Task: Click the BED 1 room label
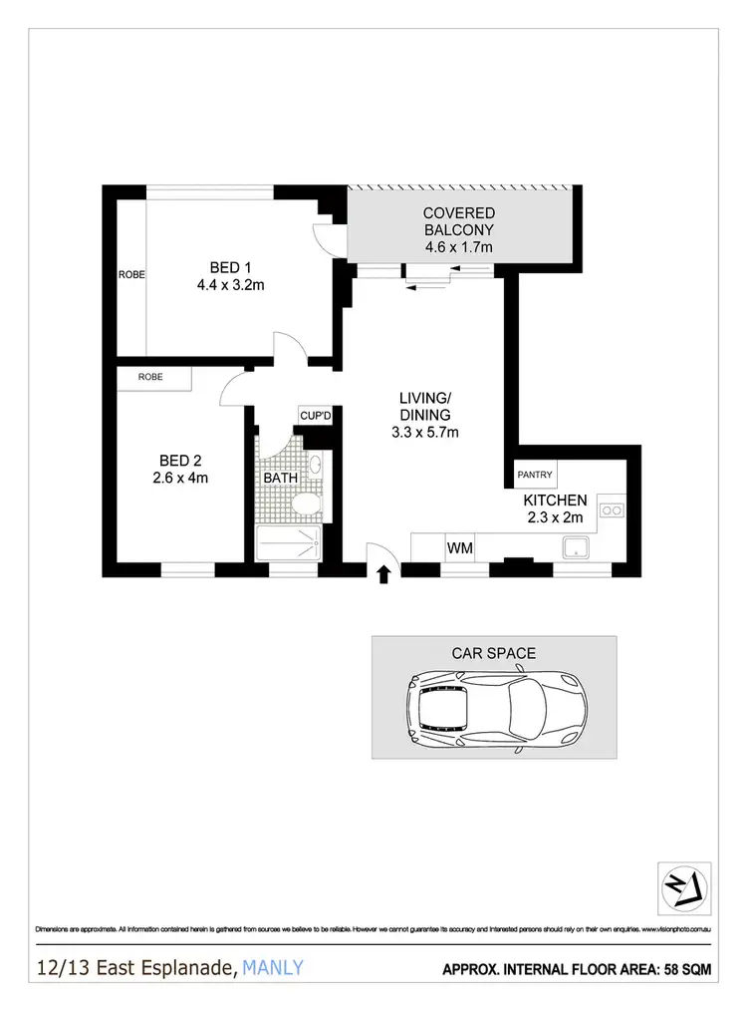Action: [x=223, y=276]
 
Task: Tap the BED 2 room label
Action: [x=182, y=469]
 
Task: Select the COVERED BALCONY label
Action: [x=458, y=230]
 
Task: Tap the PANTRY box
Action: [x=535, y=475]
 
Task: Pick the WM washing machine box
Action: [x=459, y=548]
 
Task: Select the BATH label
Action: [x=280, y=479]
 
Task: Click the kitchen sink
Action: [x=576, y=546]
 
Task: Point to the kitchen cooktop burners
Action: [x=611, y=512]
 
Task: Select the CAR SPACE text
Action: [x=494, y=654]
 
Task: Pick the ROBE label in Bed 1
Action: [x=131, y=274]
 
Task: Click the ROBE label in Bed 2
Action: [x=151, y=377]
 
